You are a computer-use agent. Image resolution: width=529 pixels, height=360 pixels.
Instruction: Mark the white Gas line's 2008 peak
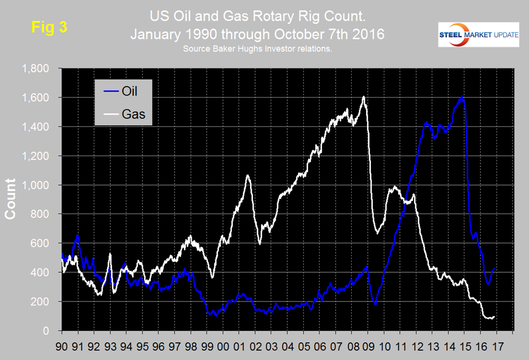(364, 97)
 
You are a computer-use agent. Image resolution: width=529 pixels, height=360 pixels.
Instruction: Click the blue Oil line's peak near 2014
(462, 98)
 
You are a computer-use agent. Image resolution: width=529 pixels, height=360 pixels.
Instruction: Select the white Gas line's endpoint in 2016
(494, 317)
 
